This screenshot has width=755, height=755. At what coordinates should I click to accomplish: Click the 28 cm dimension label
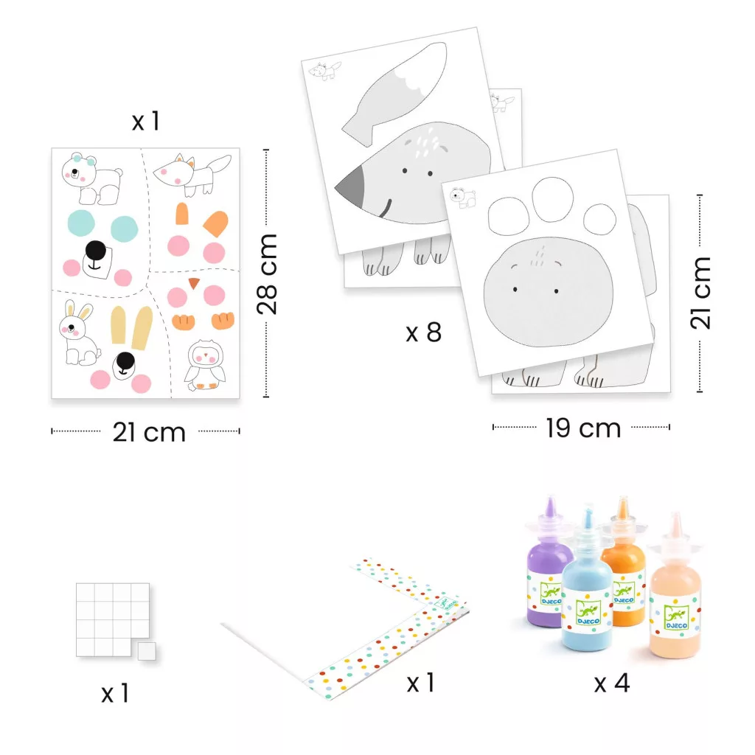267,274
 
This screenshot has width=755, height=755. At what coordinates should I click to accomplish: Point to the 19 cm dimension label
583,428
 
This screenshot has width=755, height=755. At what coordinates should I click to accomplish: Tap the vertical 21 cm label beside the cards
700,293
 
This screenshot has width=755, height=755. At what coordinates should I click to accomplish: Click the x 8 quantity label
423,333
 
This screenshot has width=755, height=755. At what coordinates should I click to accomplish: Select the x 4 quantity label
611,683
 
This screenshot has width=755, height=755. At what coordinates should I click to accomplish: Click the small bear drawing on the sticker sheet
91,178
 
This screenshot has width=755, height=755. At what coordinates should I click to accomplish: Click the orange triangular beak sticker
194,283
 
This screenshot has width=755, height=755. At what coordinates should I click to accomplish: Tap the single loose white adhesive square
147,651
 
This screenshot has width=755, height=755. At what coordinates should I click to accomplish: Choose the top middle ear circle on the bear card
552,199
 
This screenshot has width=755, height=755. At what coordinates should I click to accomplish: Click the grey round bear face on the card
549,292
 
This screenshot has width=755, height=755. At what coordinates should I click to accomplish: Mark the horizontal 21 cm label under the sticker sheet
149,432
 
